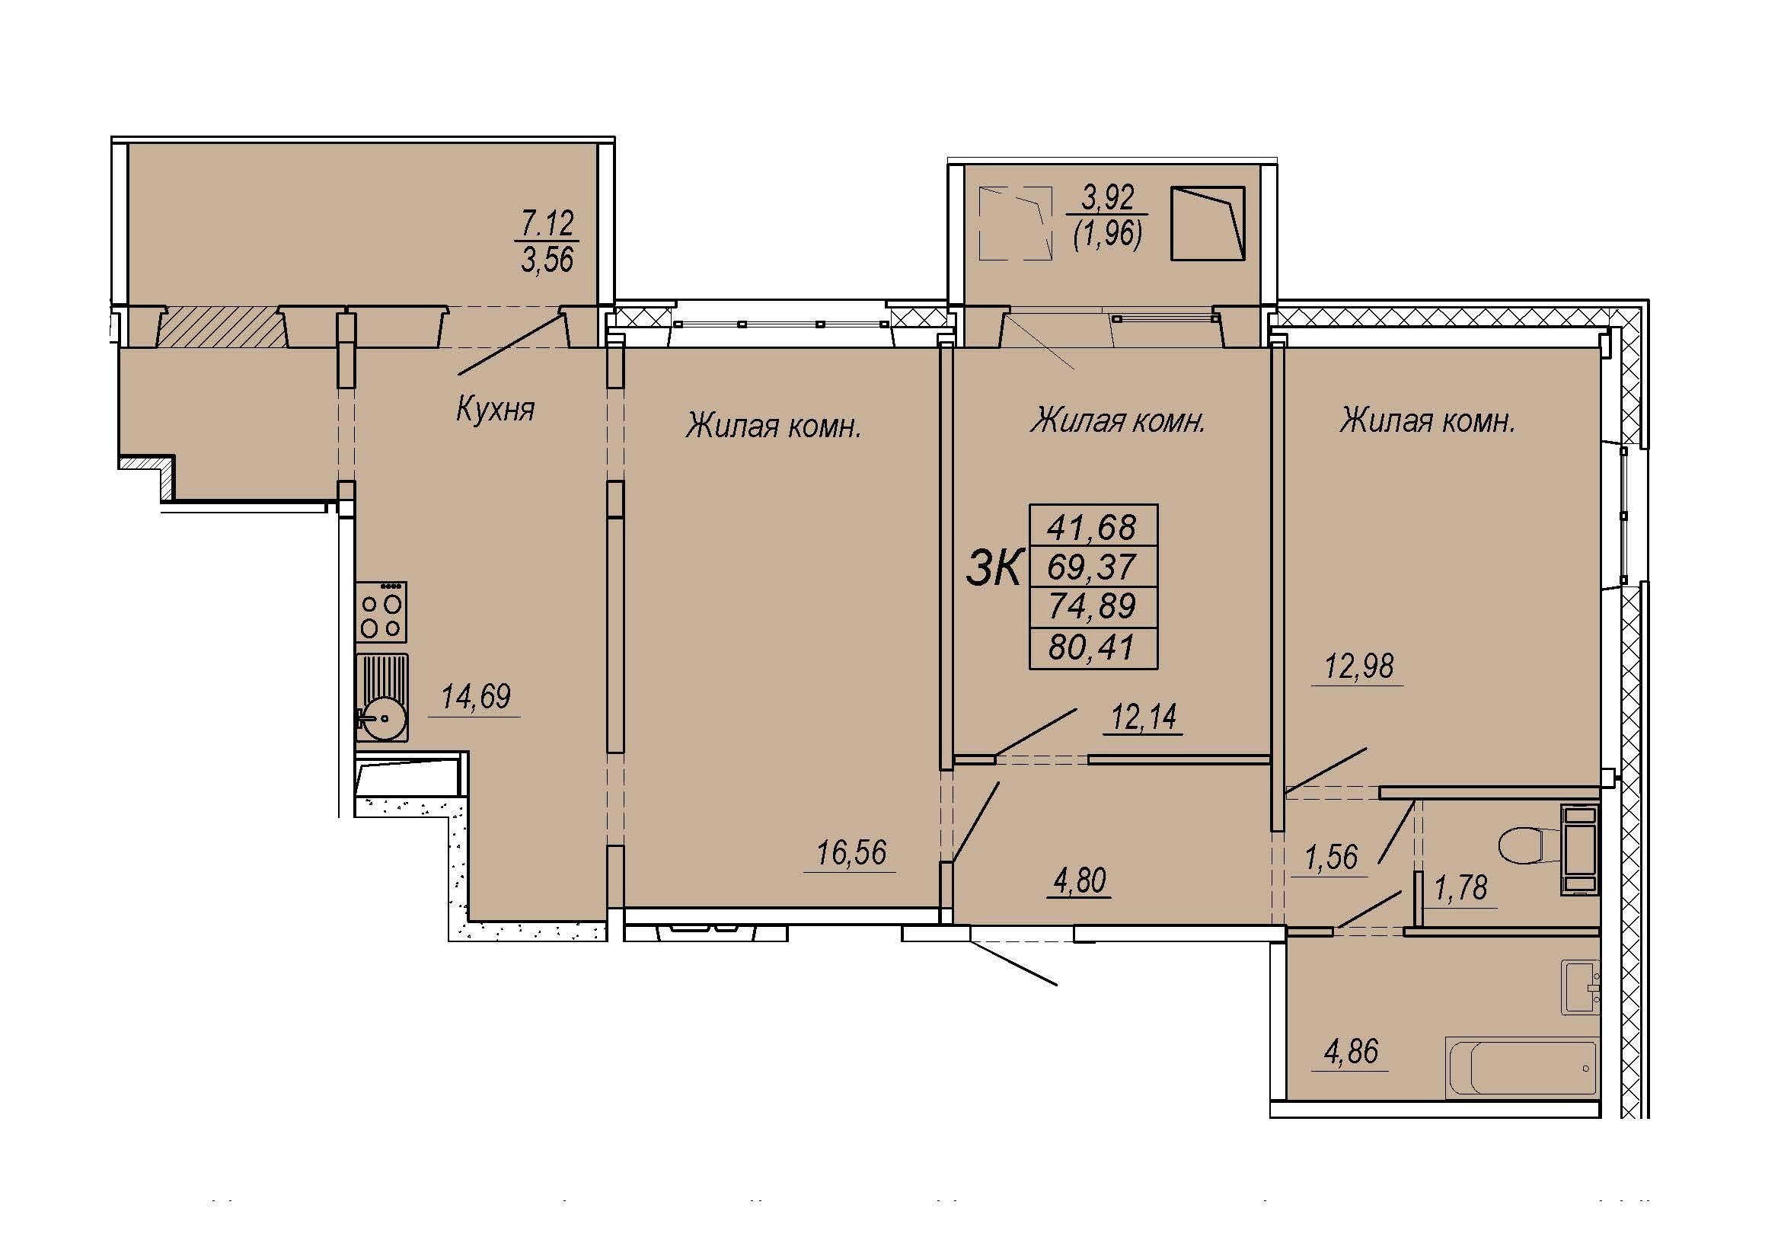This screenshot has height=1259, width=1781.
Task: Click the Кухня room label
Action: click(495, 409)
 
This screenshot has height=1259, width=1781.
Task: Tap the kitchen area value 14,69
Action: click(475, 697)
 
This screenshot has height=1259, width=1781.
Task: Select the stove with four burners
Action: click(381, 612)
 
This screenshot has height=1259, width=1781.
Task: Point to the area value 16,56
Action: click(851, 853)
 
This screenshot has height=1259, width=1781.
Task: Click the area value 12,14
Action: click(1144, 717)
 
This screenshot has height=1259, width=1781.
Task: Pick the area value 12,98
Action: click(1359, 666)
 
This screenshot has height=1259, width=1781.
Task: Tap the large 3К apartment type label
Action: click(994, 568)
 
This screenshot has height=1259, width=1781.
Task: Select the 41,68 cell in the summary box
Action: click(1092, 528)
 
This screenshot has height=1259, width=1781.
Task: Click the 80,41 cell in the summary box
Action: click(1092, 647)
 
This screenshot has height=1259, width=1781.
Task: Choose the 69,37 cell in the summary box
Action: click(1092, 567)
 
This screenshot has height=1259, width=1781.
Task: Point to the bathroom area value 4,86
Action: click(1351, 1052)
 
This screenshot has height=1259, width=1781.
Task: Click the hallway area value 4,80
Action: click(1080, 881)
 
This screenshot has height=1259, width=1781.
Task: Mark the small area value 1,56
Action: click(1331, 858)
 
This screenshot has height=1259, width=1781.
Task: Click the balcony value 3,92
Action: click(1108, 198)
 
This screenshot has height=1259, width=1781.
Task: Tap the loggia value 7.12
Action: click(547, 223)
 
